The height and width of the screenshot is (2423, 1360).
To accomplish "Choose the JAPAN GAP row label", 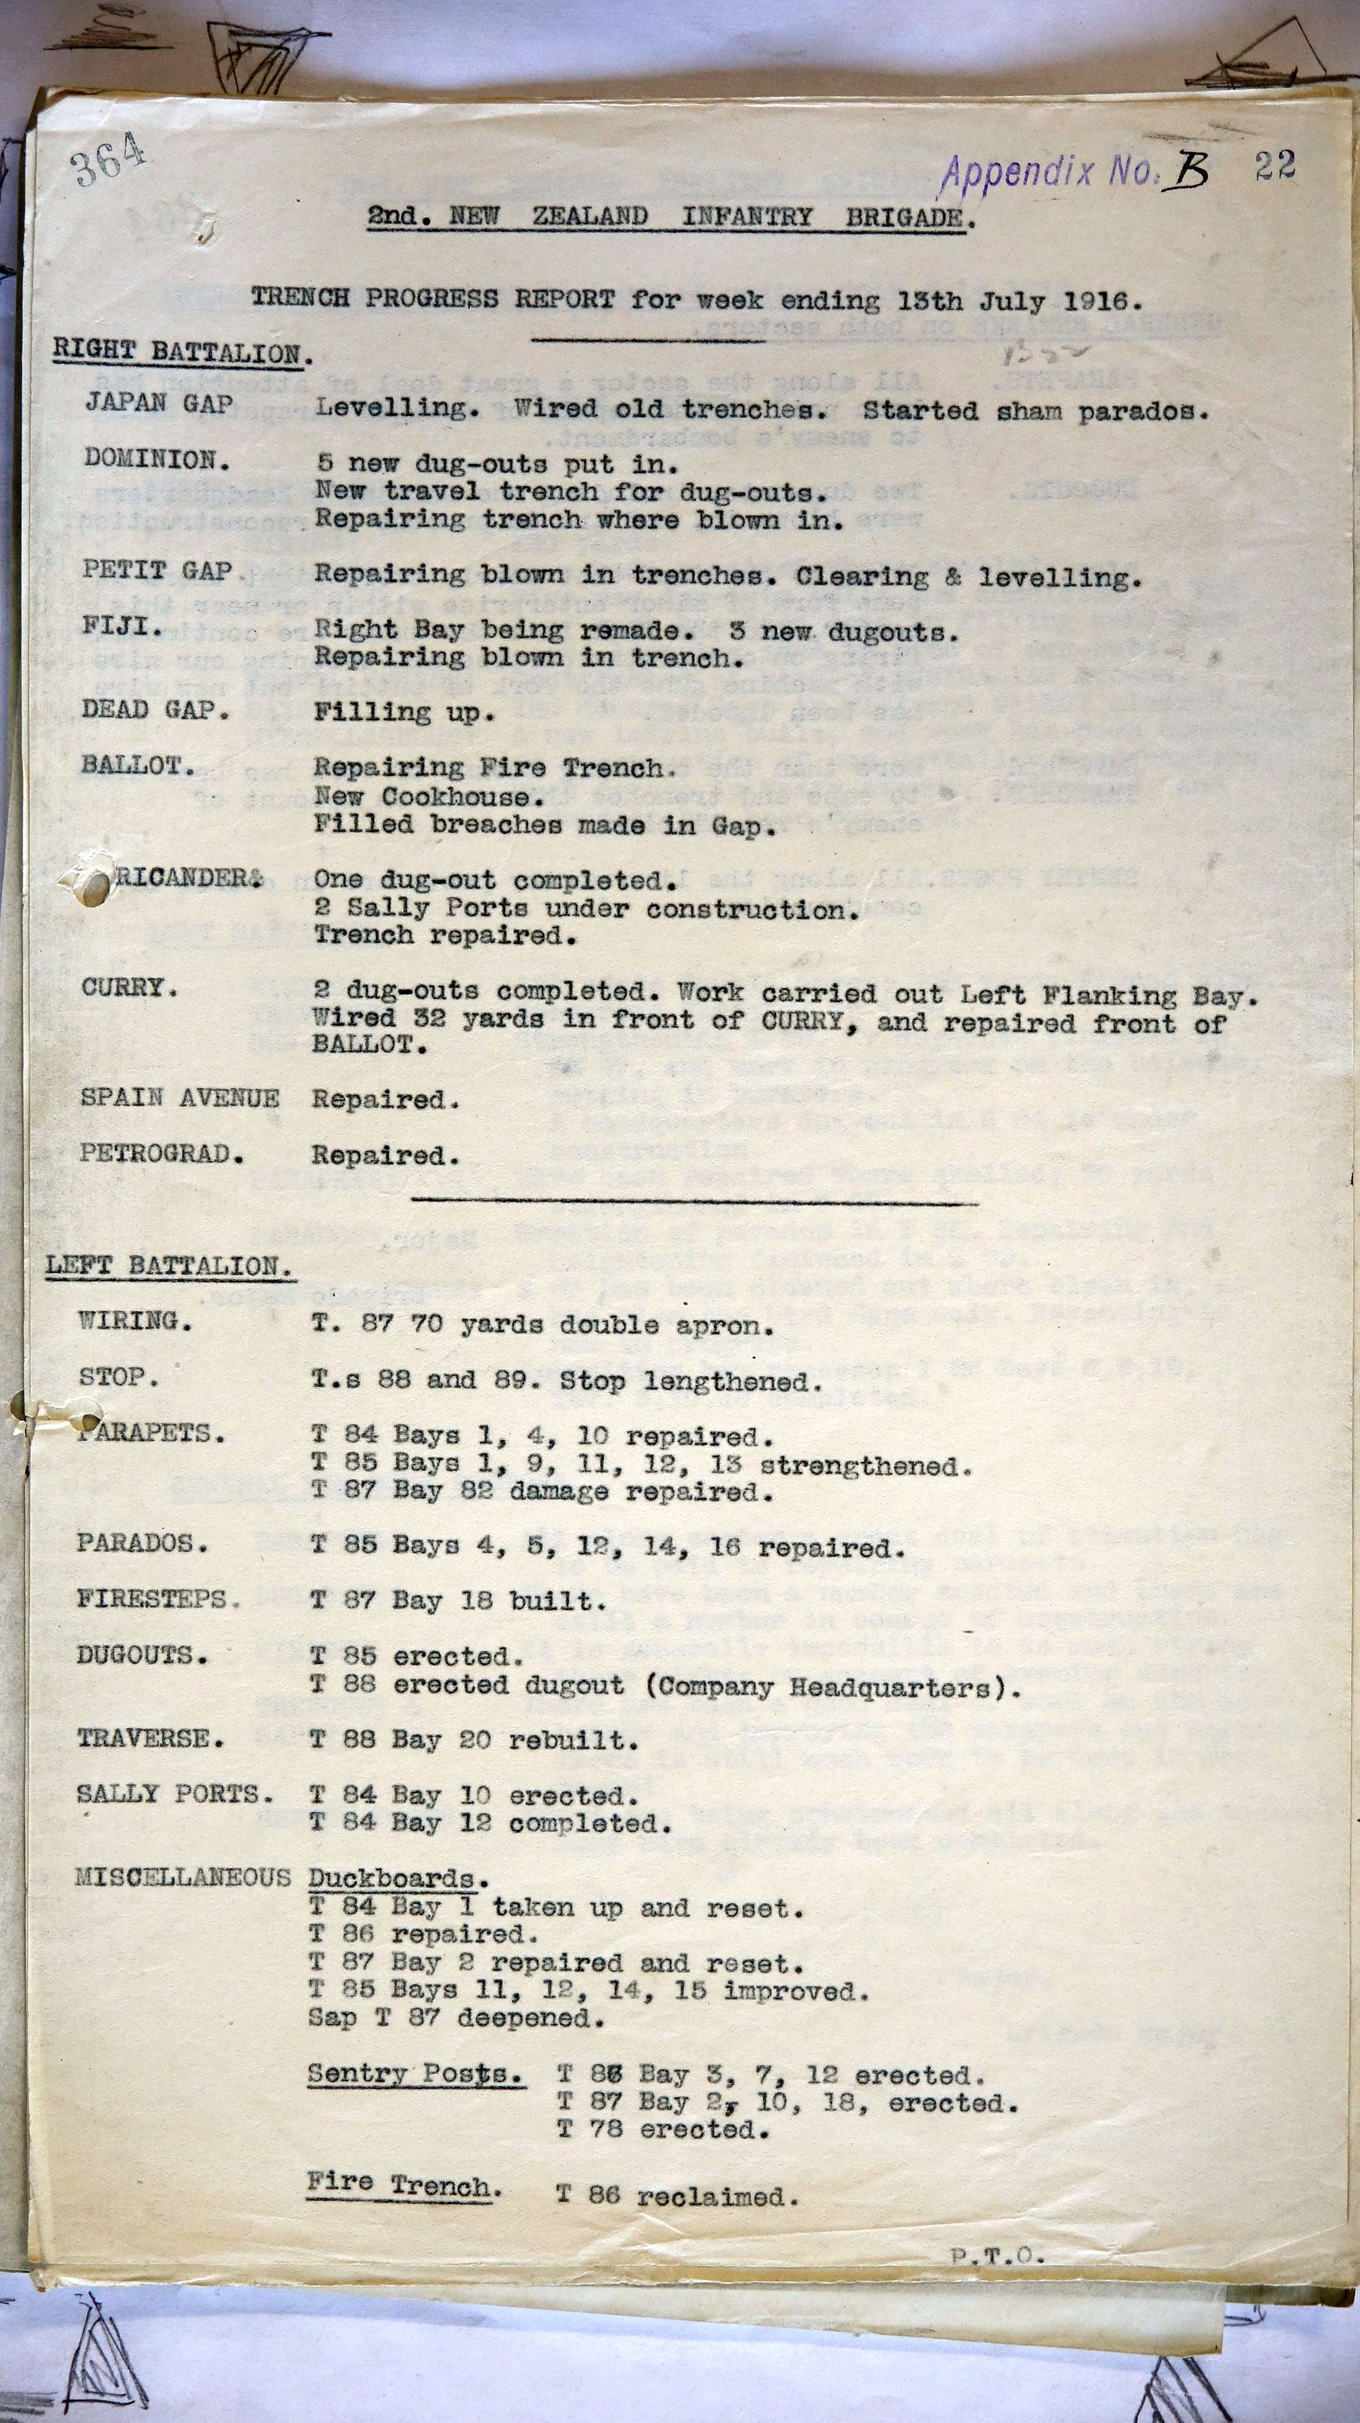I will tap(159, 404).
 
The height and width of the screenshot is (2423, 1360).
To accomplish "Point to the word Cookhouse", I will tap(461, 797).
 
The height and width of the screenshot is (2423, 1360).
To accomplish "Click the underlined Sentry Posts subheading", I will tap(414, 2073).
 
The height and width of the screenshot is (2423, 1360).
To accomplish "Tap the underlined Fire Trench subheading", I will tap(402, 2185).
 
